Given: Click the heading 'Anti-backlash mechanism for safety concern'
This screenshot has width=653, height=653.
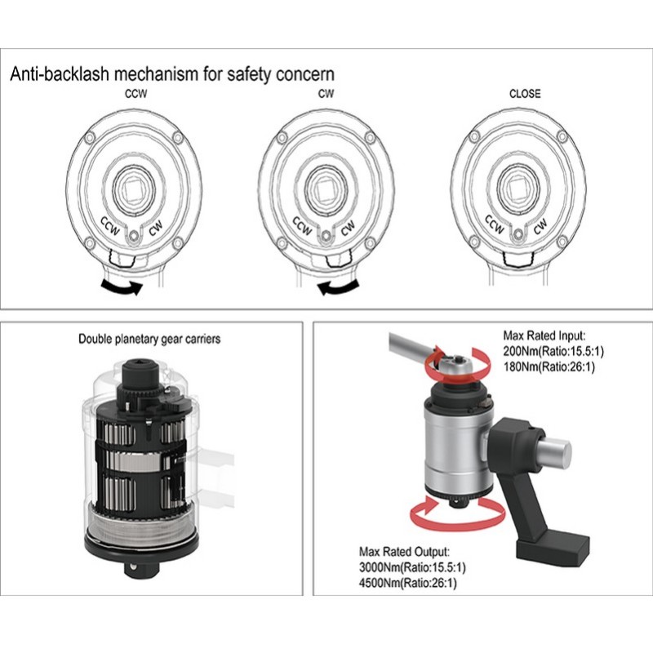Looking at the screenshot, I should (x=171, y=74).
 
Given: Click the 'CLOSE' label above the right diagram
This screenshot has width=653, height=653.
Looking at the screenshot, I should (x=524, y=93).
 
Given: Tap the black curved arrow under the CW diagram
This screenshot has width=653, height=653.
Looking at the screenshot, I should (x=340, y=286).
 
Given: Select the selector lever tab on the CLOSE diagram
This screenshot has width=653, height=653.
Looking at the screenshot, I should (x=519, y=259).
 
